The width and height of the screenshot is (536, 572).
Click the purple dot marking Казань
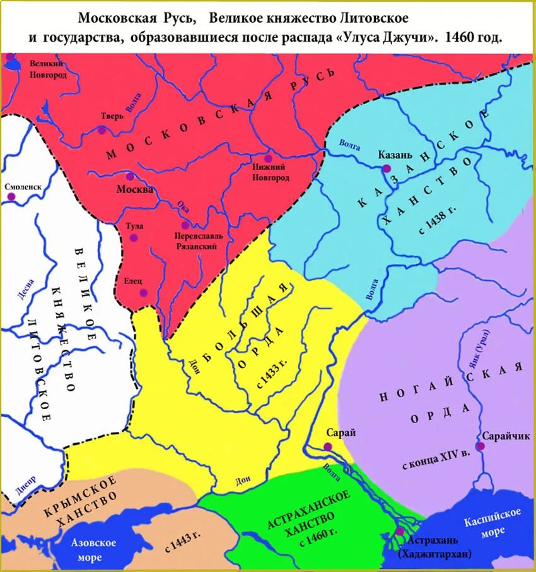click(385, 168)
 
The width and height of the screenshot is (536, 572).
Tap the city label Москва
click(134, 189)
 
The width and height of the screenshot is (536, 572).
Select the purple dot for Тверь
click(102, 130)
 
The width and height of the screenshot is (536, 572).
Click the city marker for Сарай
click(328, 446)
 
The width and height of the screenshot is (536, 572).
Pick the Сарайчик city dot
click(480, 446)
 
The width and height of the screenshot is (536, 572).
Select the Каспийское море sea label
click(492, 521)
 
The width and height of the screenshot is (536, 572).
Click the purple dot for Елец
click(144, 292)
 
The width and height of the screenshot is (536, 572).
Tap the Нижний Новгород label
click(269, 172)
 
